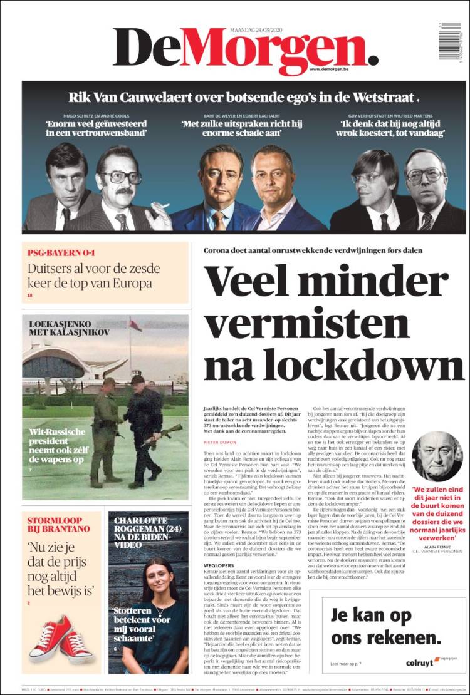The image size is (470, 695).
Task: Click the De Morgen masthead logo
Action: point(244,50)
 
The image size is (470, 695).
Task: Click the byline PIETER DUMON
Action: point(219,441)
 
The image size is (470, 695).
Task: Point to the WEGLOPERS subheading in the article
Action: point(217,563)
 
